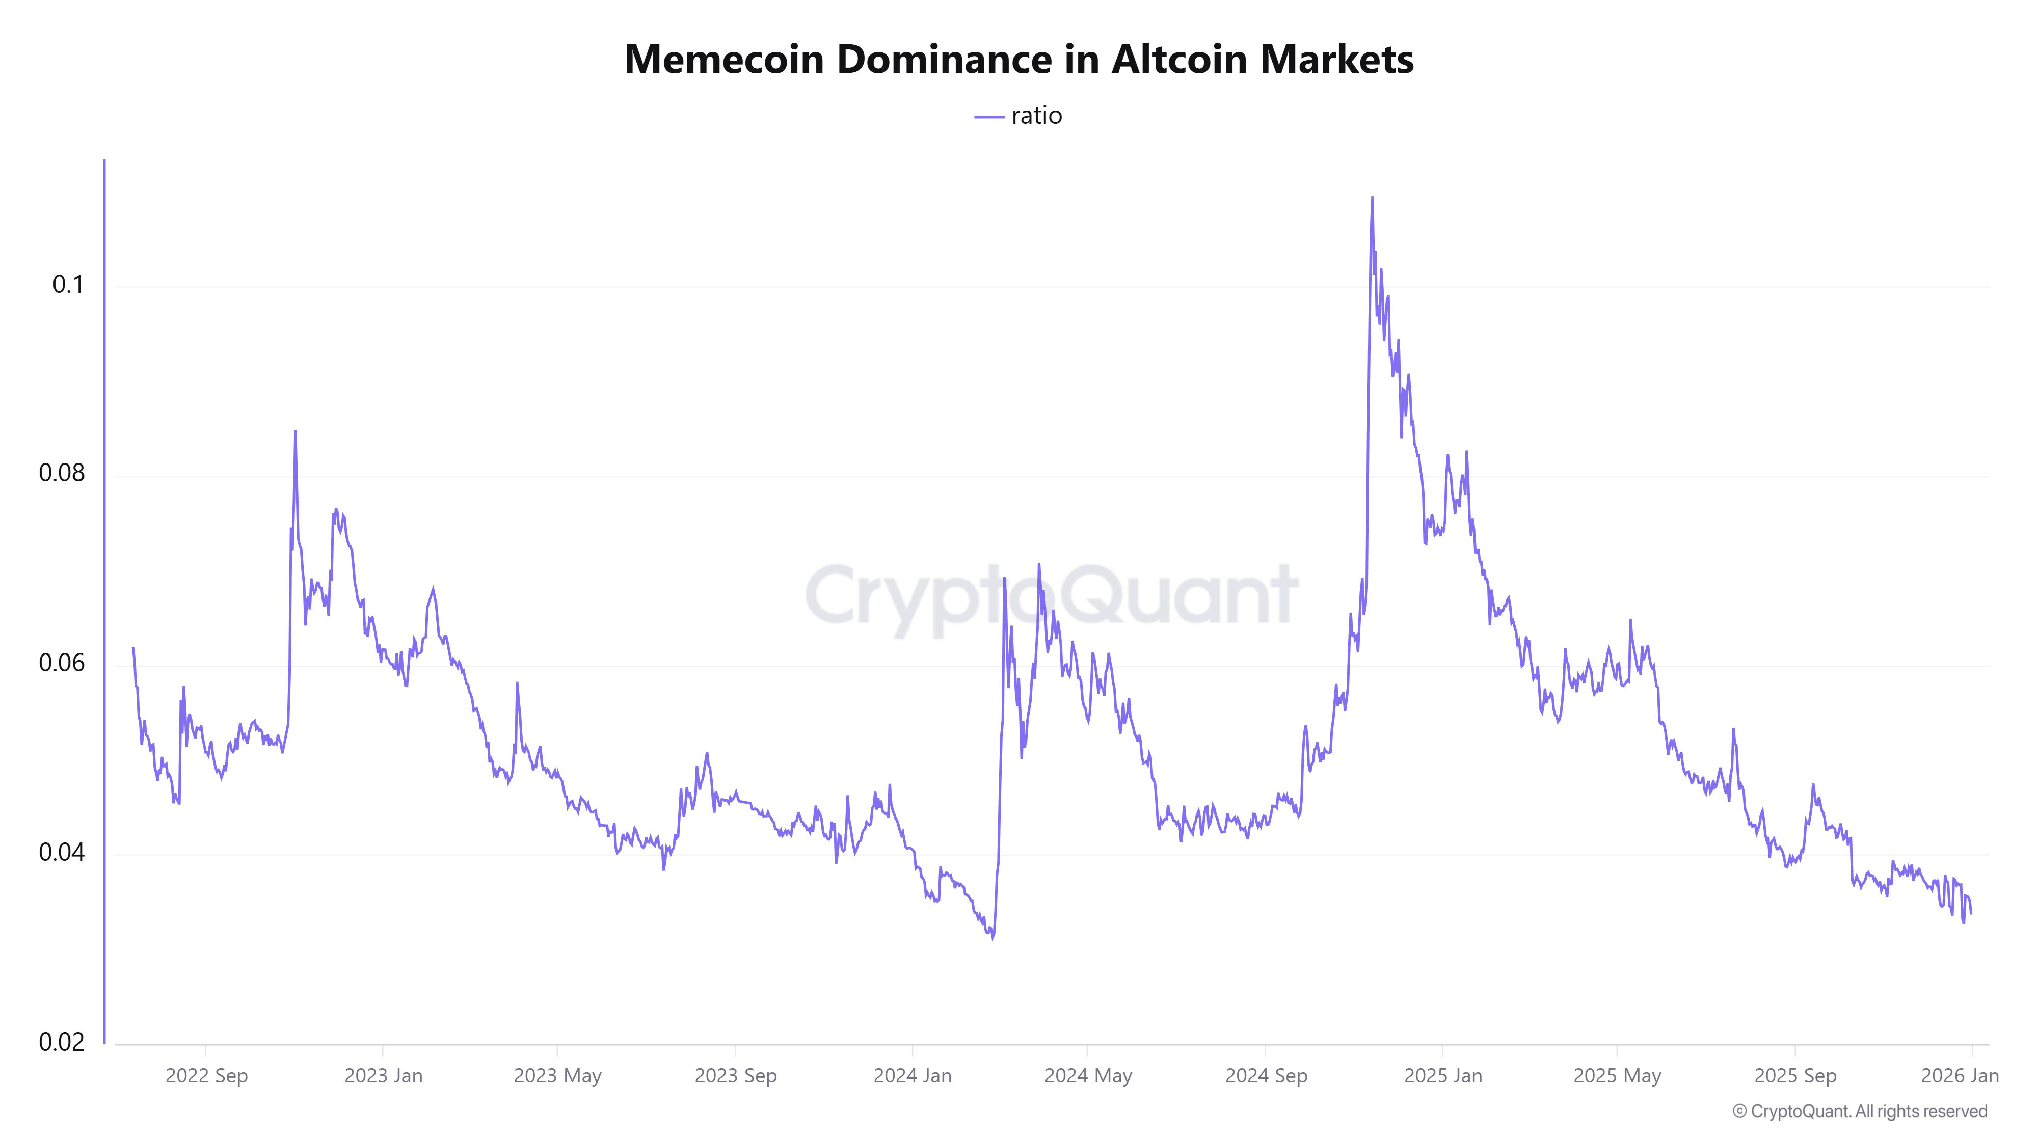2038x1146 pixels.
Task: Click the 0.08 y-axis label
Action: tap(62, 473)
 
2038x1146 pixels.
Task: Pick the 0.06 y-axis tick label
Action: tap(62, 663)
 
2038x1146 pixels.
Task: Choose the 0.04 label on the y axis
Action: tap(62, 853)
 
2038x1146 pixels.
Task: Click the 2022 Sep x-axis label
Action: tap(206, 1076)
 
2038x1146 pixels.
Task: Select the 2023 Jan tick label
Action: tap(383, 1076)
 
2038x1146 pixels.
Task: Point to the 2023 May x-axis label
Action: tap(558, 1076)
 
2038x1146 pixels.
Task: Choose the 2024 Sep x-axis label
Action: tap(1266, 1076)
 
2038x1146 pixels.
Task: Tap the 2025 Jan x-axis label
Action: tap(1443, 1076)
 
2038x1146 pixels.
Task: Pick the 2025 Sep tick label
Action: tap(1795, 1076)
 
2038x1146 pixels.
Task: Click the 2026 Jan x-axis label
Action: tap(1960, 1076)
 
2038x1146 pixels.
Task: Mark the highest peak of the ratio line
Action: tap(1372, 198)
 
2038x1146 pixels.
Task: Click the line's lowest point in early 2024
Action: tap(992, 939)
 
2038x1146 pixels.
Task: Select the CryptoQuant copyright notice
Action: tap(1859, 1111)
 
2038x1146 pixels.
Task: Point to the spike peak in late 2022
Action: tap(295, 432)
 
